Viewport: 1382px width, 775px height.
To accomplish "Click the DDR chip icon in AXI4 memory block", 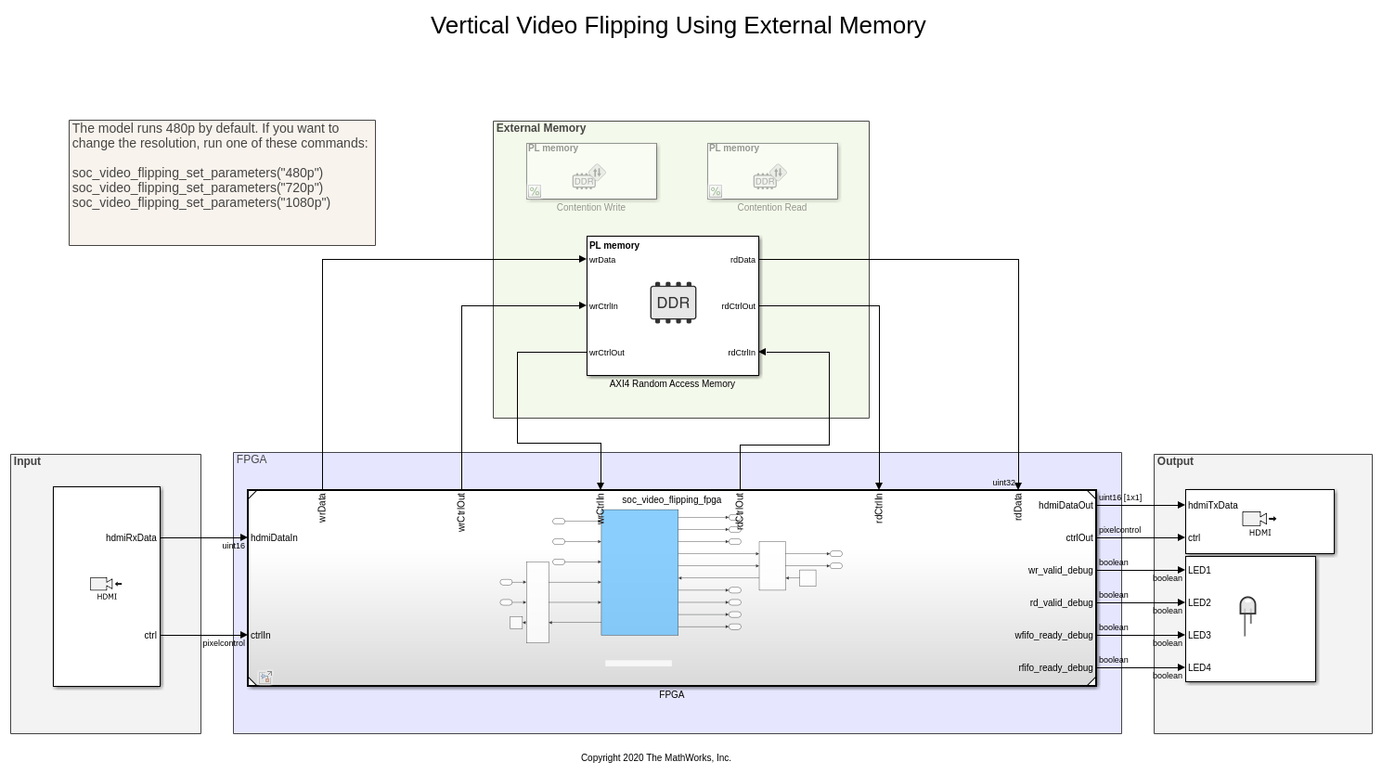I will click(x=673, y=303).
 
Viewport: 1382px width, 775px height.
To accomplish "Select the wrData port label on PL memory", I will click(x=602, y=260).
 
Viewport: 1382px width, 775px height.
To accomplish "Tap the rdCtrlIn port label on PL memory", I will click(x=742, y=353).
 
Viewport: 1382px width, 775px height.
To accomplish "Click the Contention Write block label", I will click(x=590, y=208).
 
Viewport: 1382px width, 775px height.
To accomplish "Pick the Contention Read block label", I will click(x=771, y=208).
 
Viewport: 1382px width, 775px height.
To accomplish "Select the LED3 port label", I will click(x=1199, y=636).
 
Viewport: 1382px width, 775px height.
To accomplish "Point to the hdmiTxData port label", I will click(x=1212, y=506).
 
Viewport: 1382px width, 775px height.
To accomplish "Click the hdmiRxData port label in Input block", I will click(x=131, y=538).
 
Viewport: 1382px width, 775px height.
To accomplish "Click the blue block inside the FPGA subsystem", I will click(x=639, y=572).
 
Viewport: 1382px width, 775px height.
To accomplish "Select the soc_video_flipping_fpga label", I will click(x=671, y=500).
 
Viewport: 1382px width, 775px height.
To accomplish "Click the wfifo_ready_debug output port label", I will click(x=1053, y=636).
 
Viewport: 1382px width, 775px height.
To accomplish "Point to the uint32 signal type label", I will click(x=1003, y=483).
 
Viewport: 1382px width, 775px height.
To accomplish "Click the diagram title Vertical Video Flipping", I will click(x=678, y=25).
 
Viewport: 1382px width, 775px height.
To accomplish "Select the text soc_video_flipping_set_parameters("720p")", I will click(x=198, y=187).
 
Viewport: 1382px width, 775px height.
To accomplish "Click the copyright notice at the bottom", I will click(x=655, y=758).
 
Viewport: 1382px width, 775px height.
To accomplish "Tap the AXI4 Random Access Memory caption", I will click(x=672, y=384).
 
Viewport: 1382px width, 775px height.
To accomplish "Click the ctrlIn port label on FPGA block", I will click(x=260, y=636).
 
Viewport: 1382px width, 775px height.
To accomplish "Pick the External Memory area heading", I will click(x=541, y=129).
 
